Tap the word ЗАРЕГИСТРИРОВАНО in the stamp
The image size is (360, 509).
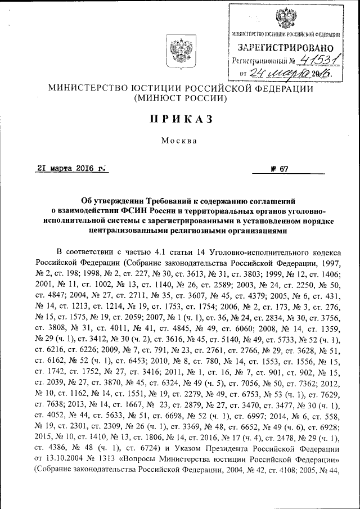point(285,48)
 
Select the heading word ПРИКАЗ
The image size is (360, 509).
point(179,118)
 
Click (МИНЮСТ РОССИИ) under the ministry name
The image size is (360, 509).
point(180,98)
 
